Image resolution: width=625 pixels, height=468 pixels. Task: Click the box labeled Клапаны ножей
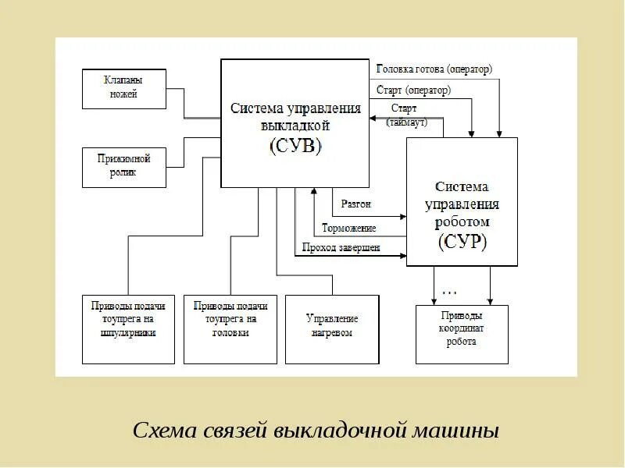click(124, 88)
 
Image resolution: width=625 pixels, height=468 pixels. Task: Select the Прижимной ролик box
click(124, 166)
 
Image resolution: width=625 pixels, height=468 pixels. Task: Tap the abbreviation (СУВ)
click(295, 145)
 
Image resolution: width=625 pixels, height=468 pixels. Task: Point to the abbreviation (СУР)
click(462, 241)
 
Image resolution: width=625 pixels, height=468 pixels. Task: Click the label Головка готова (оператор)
click(434, 69)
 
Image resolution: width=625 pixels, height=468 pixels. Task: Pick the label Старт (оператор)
click(413, 90)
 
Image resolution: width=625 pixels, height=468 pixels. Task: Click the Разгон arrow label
click(356, 204)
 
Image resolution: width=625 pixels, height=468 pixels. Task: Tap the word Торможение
click(350, 229)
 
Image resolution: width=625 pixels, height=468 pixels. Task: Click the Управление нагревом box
click(332, 327)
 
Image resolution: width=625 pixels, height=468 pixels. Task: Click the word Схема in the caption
click(160, 430)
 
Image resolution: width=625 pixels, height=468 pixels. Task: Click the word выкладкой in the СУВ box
click(295, 125)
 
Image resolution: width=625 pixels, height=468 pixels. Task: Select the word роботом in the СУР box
click(462, 222)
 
